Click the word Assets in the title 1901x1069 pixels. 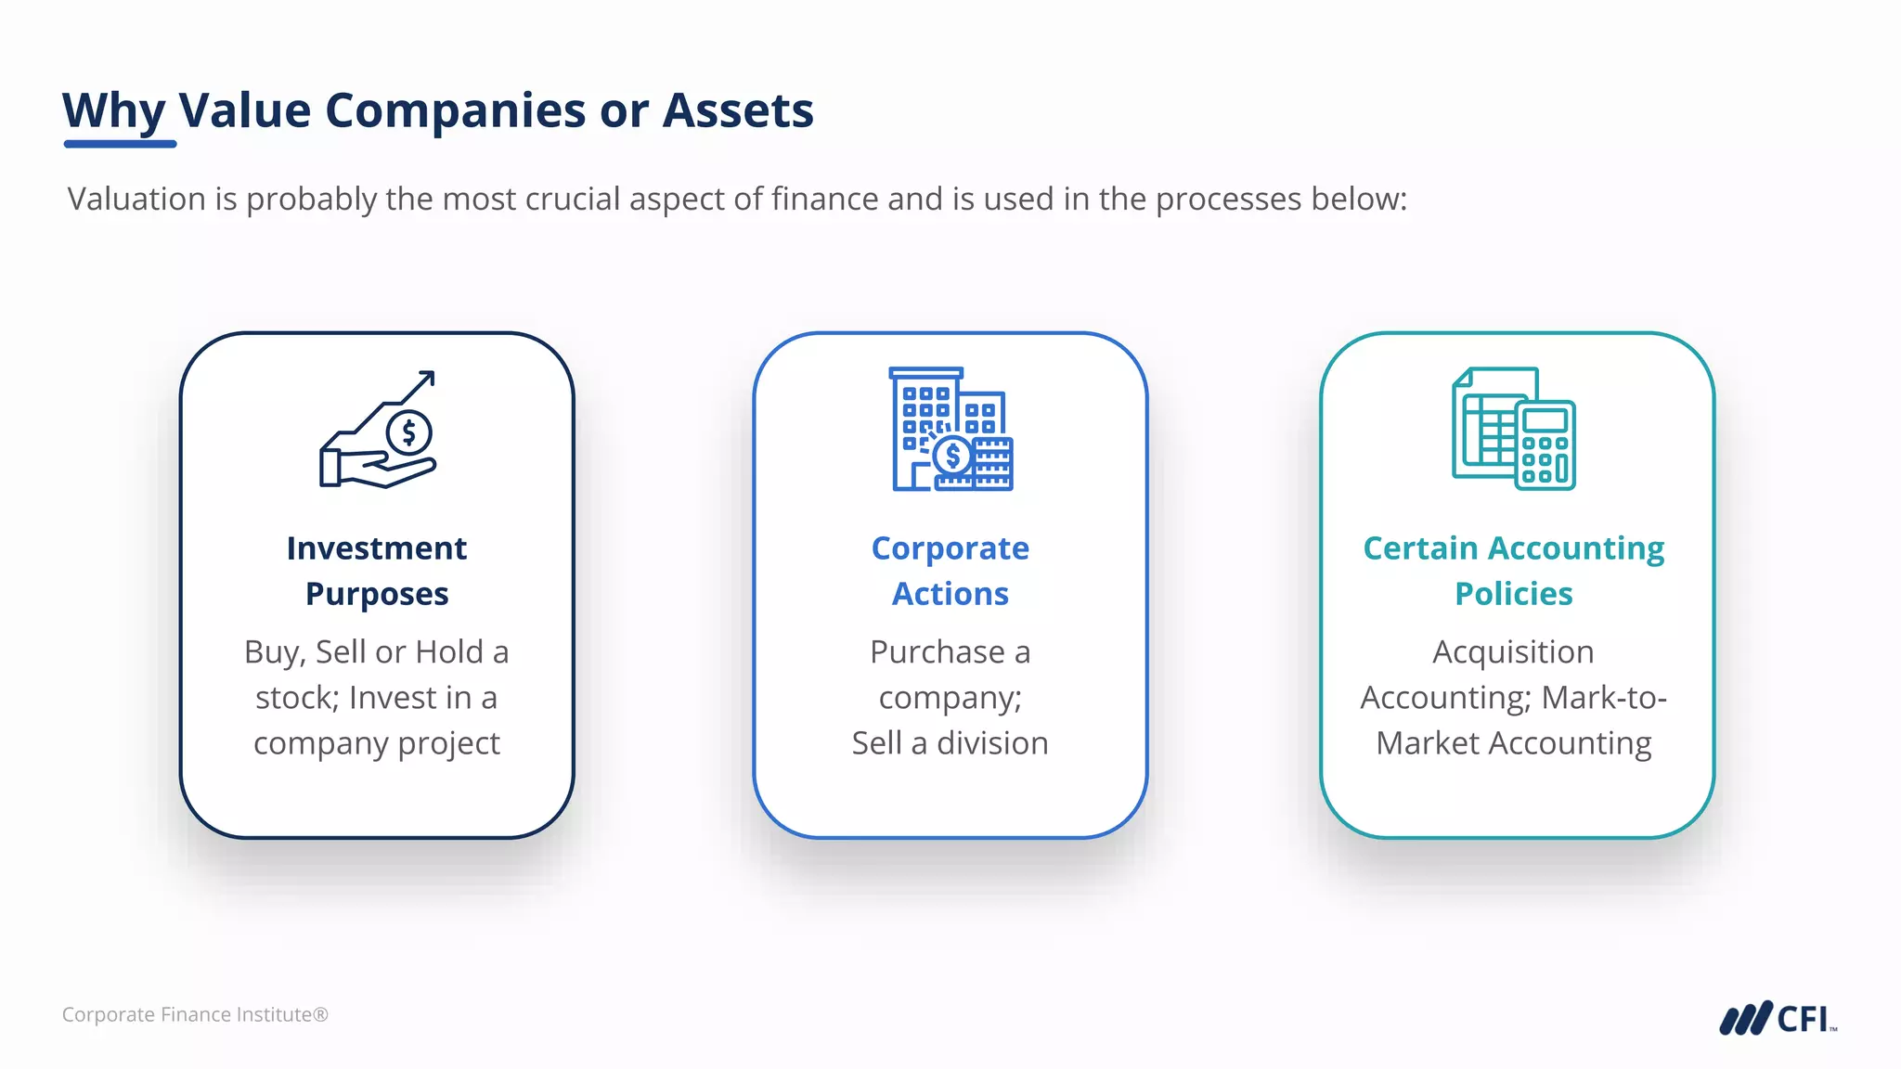(x=738, y=110)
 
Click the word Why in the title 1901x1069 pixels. (x=113, y=110)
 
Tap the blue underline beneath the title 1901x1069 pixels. (x=120, y=144)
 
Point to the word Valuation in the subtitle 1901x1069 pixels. (x=136, y=199)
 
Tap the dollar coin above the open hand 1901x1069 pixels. (x=408, y=432)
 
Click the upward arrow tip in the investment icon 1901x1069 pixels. (x=428, y=376)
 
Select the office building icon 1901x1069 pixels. (x=950, y=429)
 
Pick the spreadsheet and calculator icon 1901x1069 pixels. (x=1513, y=429)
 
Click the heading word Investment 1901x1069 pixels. (x=377, y=548)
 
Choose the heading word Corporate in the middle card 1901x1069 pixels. (x=950, y=548)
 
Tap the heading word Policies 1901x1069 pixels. (x=1513, y=594)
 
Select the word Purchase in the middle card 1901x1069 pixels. (x=937, y=652)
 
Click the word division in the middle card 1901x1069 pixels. (x=992, y=743)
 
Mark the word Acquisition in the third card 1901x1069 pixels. (x=1513, y=652)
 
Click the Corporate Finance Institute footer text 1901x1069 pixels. (x=195, y=1015)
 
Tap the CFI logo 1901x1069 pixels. (x=1777, y=1018)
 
